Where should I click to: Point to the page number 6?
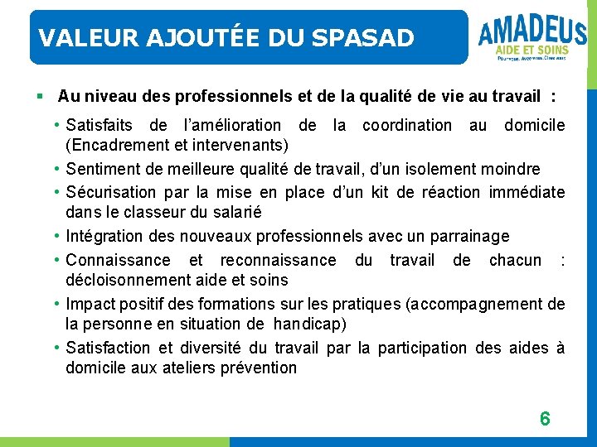click(x=545, y=419)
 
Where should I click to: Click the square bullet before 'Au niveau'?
click(x=40, y=97)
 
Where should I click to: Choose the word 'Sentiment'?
click(x=104, y=170)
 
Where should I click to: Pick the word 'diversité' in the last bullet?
click(x=206, y=348)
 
